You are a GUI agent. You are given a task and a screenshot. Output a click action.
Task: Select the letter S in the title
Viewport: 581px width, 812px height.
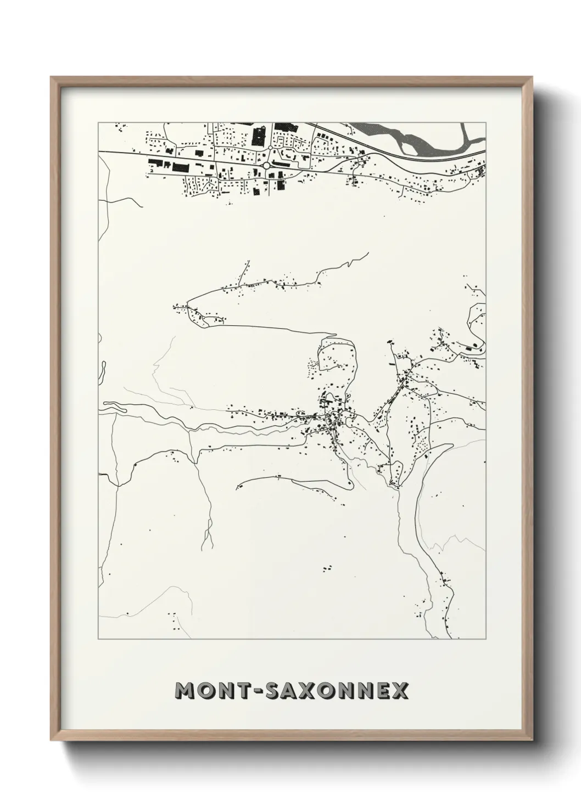point(273,691)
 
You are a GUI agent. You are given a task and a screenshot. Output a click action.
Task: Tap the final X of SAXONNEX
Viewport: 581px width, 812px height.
point(399,691)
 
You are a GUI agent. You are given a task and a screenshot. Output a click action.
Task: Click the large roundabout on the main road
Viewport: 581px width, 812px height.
point(267,165)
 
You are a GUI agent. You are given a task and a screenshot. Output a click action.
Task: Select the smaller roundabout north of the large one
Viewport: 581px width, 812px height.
point(270,148)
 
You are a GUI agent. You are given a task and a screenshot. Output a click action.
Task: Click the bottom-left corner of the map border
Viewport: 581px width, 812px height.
point(99,639)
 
